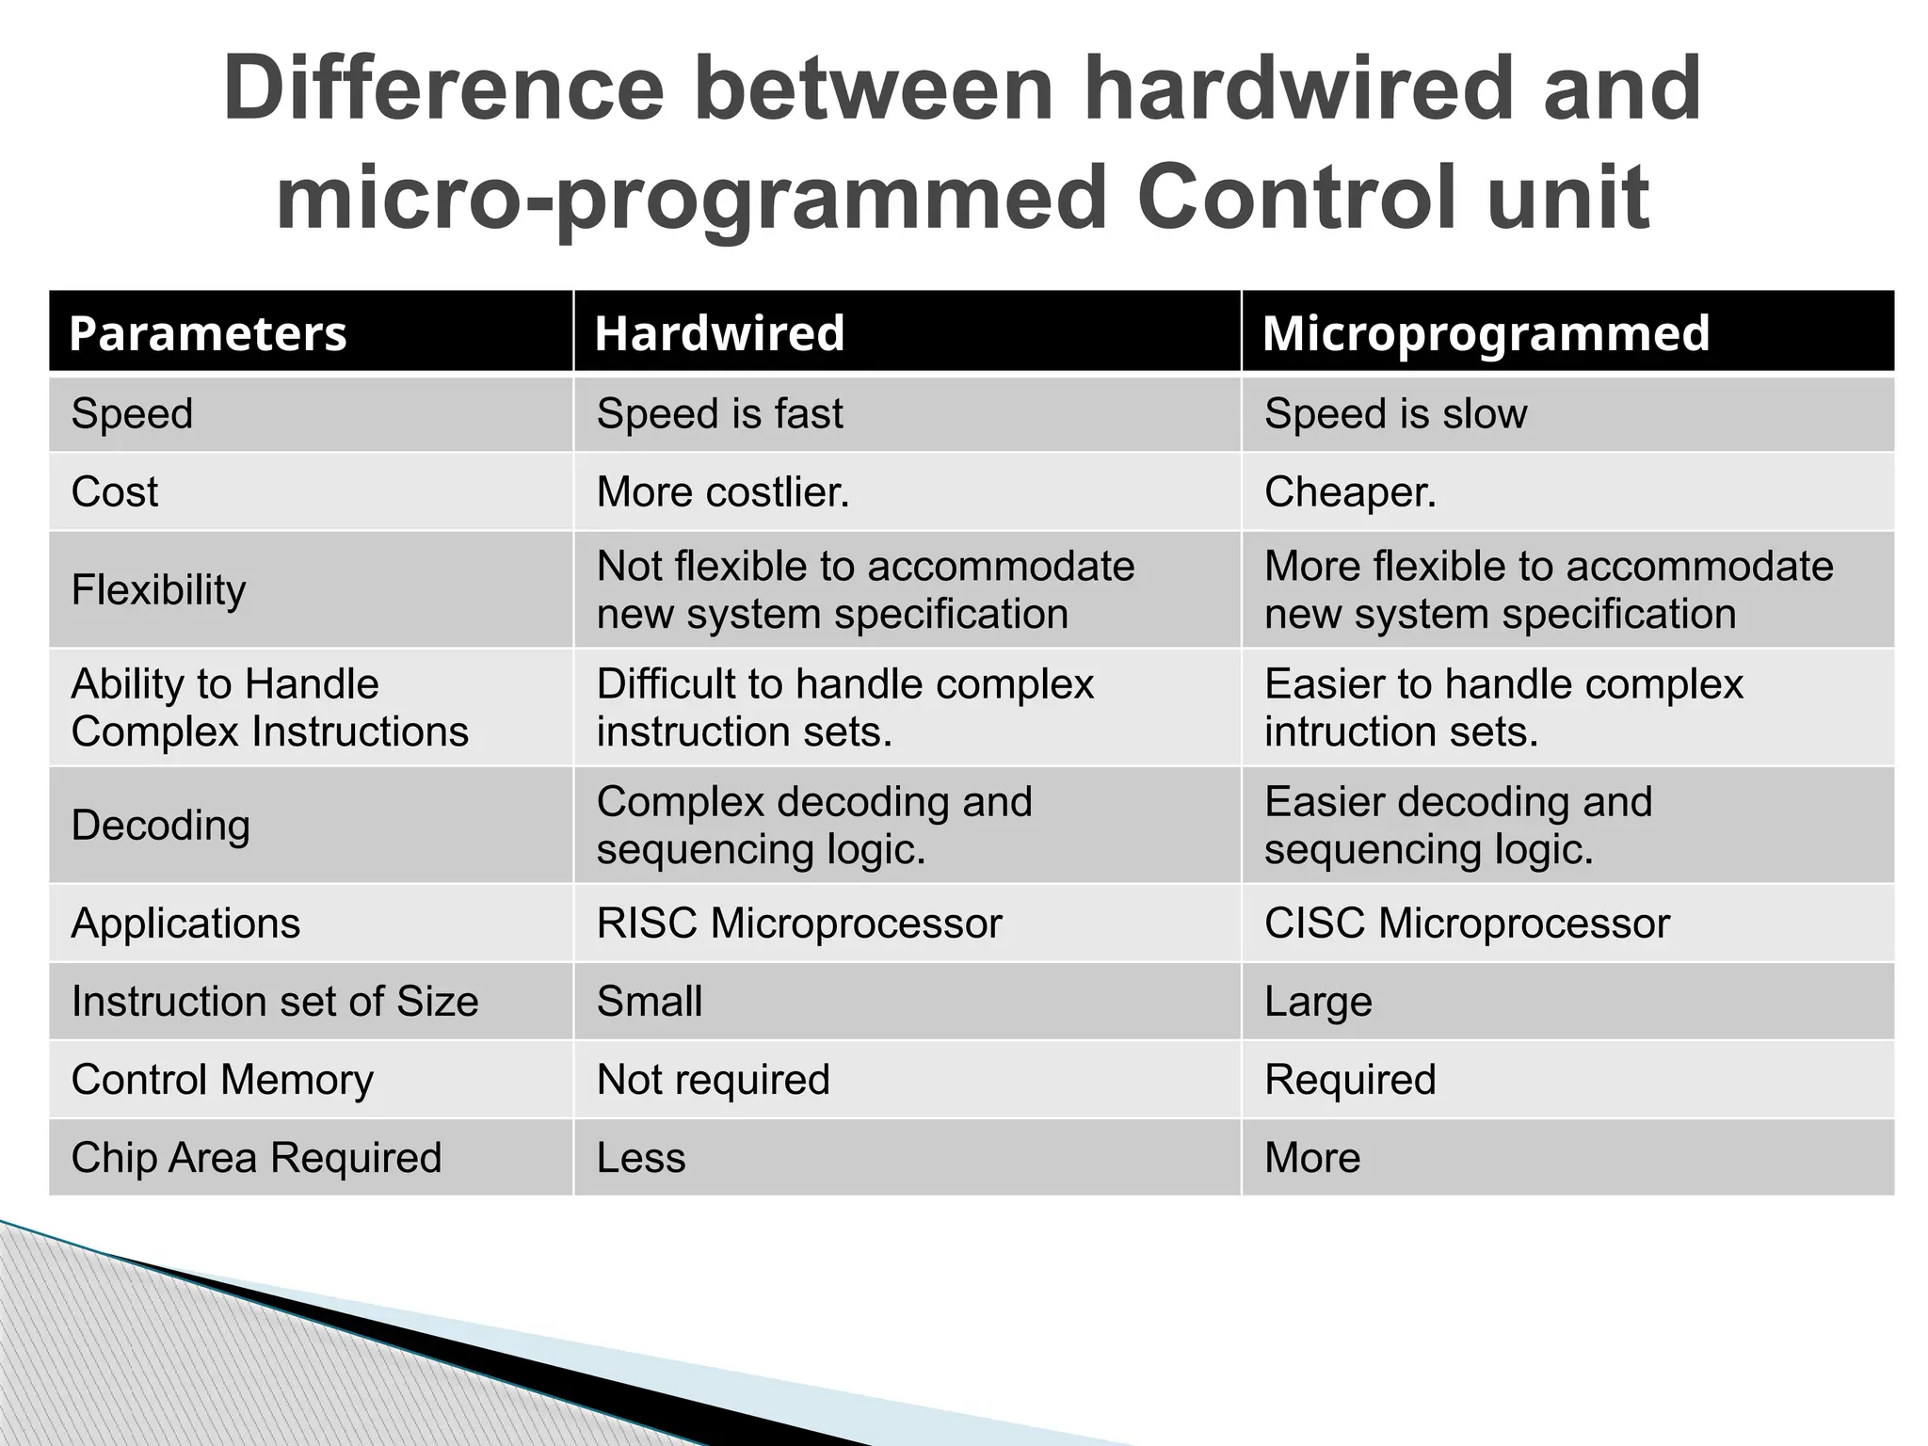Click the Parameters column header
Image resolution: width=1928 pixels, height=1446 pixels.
click(x=208, y=333)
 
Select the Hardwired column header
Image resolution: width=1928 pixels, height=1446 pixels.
click(x=720, y=333)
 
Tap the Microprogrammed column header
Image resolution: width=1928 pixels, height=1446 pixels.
click(x=1486, y=333)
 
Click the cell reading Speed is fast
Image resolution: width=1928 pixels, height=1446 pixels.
click(x=719, y=414)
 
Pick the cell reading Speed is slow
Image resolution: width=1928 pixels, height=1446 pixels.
click(x=1395, y=414)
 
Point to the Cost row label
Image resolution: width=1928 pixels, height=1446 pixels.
click(x=115, y=492)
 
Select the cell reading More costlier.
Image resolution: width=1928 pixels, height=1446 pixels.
click(x=723, y=492)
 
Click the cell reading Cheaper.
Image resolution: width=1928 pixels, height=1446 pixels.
click(x=1350, y=492)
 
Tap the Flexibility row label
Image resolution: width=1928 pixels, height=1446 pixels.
click(x=158, y=590)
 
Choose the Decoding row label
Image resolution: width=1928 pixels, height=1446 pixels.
click(x=161, y=826)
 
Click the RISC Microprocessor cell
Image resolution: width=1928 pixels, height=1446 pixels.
click(x=799, y=924)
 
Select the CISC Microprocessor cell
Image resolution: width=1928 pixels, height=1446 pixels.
click(x=1467, y=924)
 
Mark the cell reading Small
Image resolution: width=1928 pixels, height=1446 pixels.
click(x=650, y=1002)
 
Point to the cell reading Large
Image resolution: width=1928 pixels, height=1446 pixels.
click(x=1318, y=1002)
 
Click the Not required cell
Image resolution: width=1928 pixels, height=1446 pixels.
click(x=713, y=1080)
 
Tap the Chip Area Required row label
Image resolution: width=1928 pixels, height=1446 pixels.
click(x=256, y=1158)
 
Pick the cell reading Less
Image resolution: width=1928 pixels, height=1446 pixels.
click(x=641, y=1158)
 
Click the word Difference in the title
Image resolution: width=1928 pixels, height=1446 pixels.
click(x=443, y=89)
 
